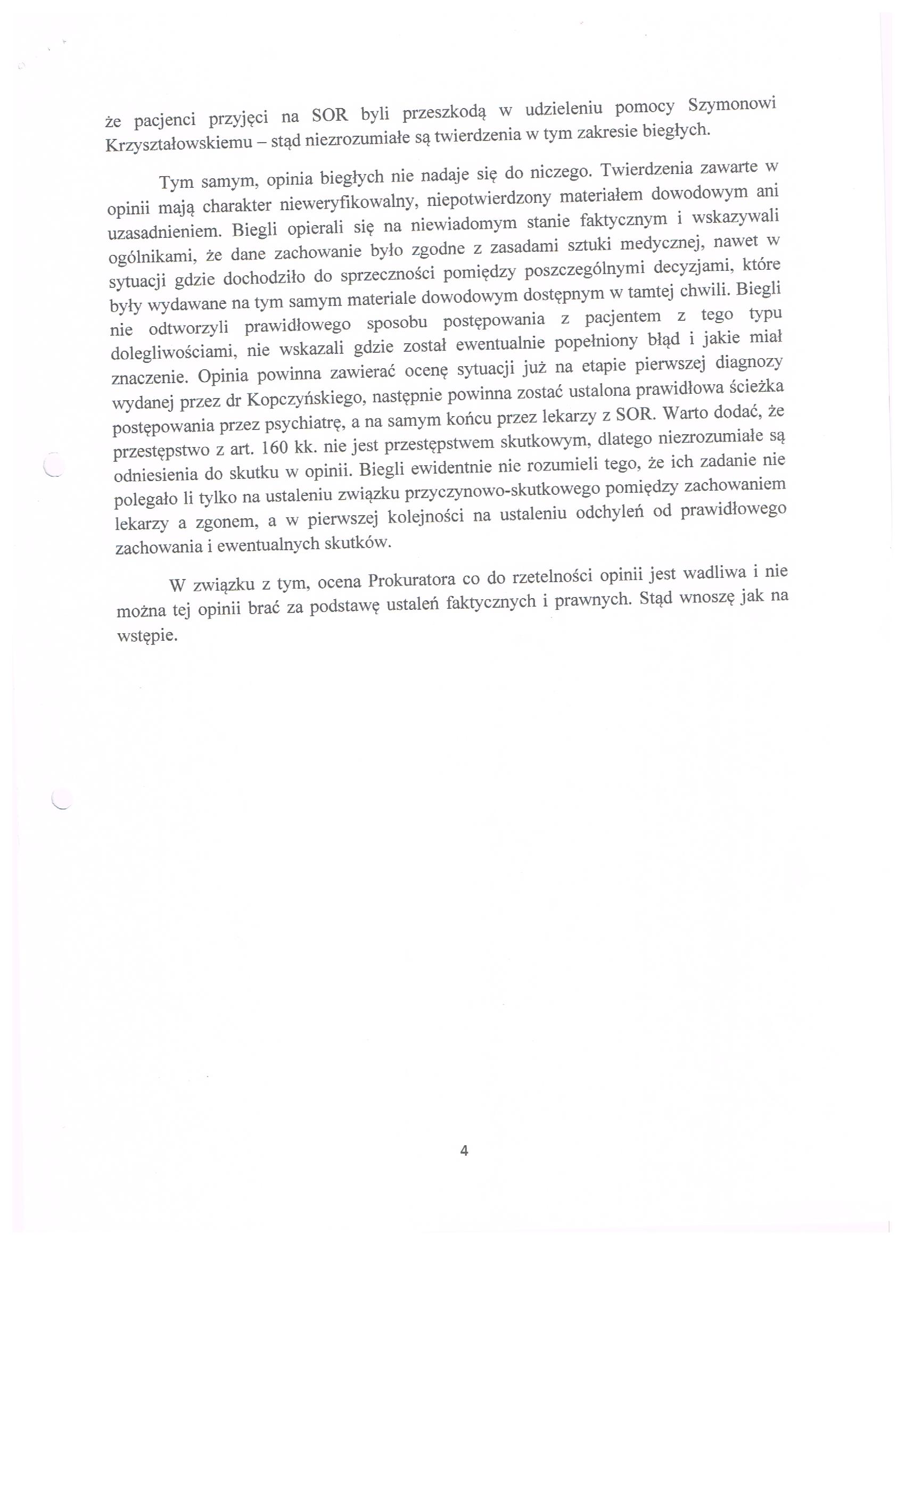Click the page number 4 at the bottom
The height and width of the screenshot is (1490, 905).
[x=464, y=1150]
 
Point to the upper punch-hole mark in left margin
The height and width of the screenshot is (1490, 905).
[x=54, y=466]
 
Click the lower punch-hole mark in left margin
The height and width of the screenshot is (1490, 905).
[x=61, y=799]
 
